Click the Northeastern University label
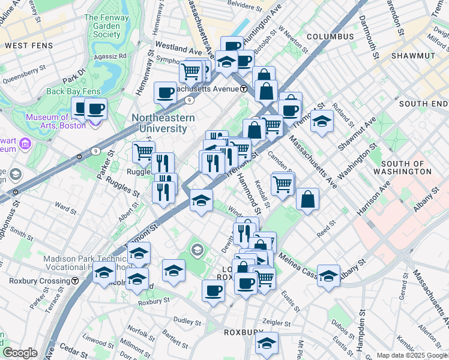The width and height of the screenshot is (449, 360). pos(163,123)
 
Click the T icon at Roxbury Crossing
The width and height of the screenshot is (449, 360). pos(74,281)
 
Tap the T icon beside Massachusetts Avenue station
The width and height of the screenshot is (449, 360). pos(244,89)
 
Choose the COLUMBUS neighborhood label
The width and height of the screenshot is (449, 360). pos(330,37)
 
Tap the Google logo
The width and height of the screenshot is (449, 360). pos(20,353)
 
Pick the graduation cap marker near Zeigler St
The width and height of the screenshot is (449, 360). pos(267,344)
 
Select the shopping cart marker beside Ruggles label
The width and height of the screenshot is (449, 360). pos(143,152)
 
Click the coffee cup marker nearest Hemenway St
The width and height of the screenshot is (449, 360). pos(165,93)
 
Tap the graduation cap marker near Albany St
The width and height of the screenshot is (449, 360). pos(329,276)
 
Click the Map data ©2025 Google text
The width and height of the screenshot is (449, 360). pos(411,355)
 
